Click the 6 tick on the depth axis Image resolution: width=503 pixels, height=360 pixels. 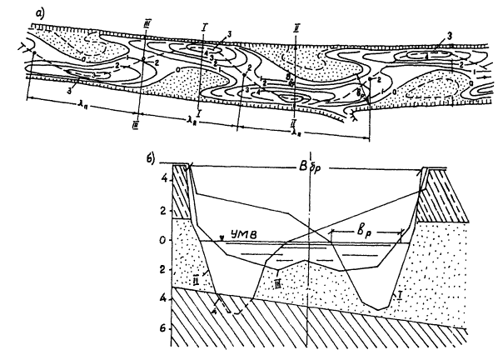pyautogui.click(x=165, y=330)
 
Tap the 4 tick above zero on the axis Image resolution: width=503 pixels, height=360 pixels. pyautogui.click(x=165, y=179)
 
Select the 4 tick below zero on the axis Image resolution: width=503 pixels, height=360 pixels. pyautogui.click(x=165, y=300)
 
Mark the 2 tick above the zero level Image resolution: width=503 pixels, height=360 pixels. pyautogui.click(x=165, y=211)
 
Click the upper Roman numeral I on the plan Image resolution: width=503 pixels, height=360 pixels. pyautogui.click(x=203, y=27)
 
